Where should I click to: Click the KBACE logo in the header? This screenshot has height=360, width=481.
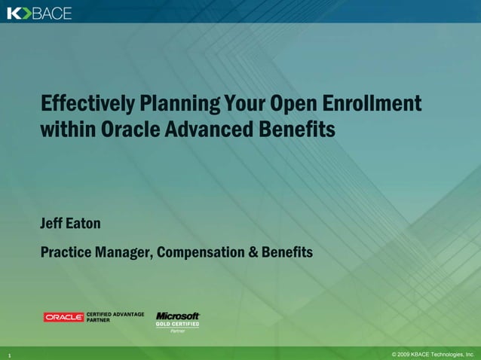(x=39, y=12)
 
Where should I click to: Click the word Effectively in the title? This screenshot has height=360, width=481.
(x=87, y=103)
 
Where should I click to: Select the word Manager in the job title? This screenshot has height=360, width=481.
(x=124, y=252)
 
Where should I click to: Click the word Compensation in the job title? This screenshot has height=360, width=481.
(x=202, y=252)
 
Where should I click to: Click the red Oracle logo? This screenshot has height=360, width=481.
(x=63, y=317)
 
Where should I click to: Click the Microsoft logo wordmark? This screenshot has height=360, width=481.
(x=178, y=316)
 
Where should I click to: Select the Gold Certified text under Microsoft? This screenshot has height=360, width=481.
(x=178, y=324)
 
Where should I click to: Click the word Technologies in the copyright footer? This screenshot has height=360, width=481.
(x=446, y=353)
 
